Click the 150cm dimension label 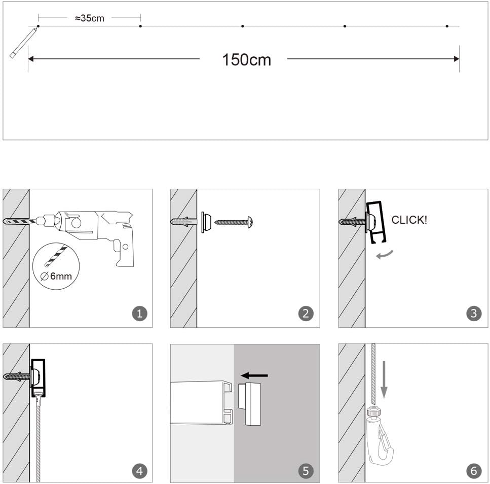[x=246, y=59]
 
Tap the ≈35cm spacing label [x=89, y=18]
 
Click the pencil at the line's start [x=22, y=43]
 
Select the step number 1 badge [x=139, y=314]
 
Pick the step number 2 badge [x=305, y=314]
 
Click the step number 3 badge [x=473, y=314]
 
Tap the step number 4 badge [x=139, y=471]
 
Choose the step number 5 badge [x=305, y=471]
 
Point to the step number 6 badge [x=473, y=471]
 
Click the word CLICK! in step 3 [x=409, y=220]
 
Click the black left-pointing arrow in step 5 [x=254, y=375]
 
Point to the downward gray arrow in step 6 [x=384, y=378]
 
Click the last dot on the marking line [x=447, y=26]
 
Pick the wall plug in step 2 [x=183, y=222]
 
